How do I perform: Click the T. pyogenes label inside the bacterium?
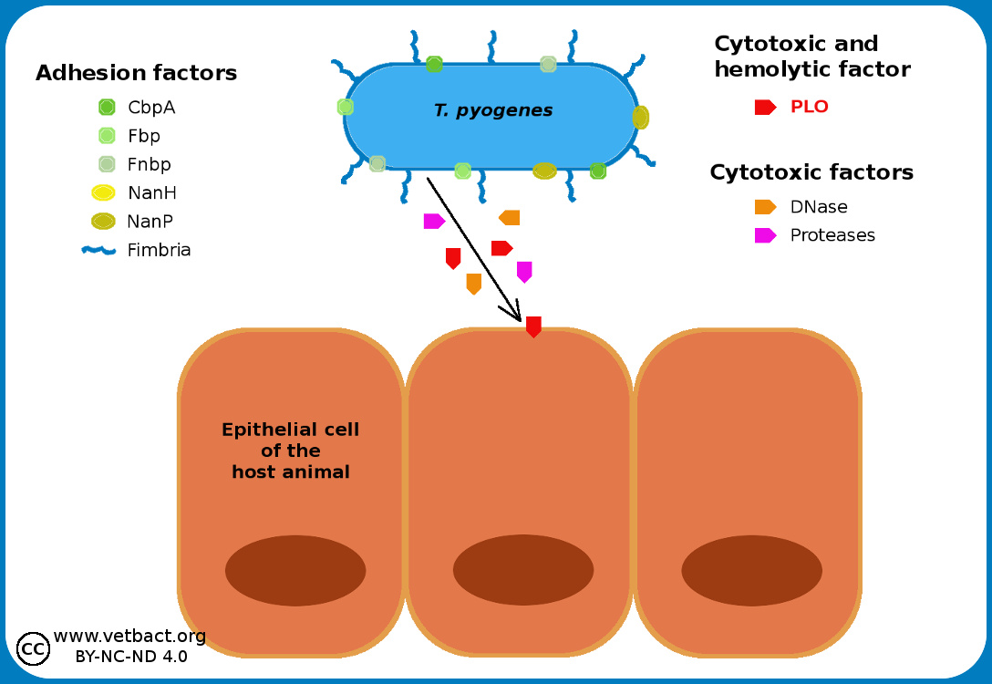click(x=493, y=111)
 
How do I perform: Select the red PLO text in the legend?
click(x=809, y=107)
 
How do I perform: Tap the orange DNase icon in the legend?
click(x=765, y=207)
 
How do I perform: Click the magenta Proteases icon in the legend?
click(x=765, y=235)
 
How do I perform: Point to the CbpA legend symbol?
click(x=107, y=108)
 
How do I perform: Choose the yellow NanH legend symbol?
click(x=103, y=192)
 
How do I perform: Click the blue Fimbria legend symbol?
click(x=98, y=250)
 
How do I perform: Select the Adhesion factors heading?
click(x=136, y=73)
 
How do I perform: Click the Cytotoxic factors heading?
click(x=811, y=172)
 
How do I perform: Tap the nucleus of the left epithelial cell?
click(x=295, y=570)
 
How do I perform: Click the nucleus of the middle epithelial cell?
click(x=523, y=570)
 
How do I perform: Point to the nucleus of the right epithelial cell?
click(x=751, y=570)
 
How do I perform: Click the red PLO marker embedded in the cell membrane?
click(x=533, y=326)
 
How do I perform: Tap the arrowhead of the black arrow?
click(x=515, y=315)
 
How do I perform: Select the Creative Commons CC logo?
click(x=34, y=648)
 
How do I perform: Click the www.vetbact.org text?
click(x=129, y=636)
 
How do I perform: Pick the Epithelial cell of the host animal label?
click(x=291, y=451)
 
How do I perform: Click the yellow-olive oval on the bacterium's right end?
click(x=640, y=118)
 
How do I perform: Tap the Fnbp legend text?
click(x=150, y=164)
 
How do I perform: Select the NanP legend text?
click(x=150, y=221)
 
